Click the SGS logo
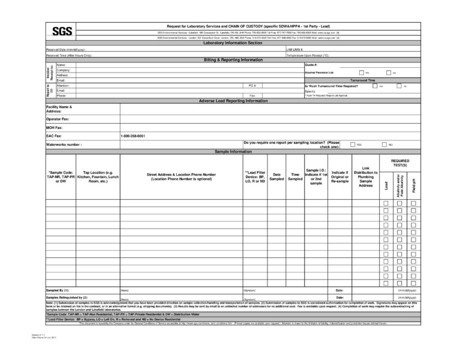tap(60, 32)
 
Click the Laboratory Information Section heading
tap(233, 44)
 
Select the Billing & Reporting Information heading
tap(233, 60)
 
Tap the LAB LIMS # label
tap(295, 49)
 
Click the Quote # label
tap(311, 65)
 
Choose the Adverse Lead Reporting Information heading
tap(233, 101)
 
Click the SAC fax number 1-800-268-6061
tap(133, 136)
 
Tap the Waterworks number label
tap(64, 145)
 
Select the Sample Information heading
tap(233, 152)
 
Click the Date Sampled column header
tap(276, 176)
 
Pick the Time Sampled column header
tap(295, 176)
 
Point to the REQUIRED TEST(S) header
tap(399, 163)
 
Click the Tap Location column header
tap(98, 176)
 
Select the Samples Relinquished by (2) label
tap(67, 297)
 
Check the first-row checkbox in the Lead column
tap(386, 204)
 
